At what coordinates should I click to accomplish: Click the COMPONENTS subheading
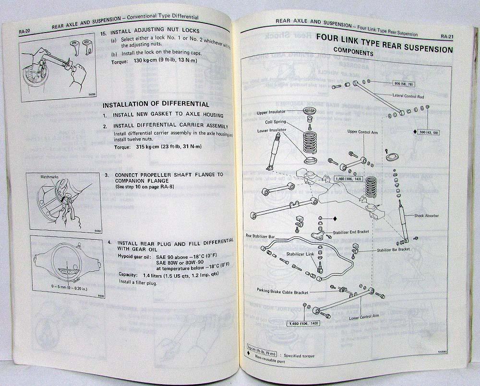click(353, 53)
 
